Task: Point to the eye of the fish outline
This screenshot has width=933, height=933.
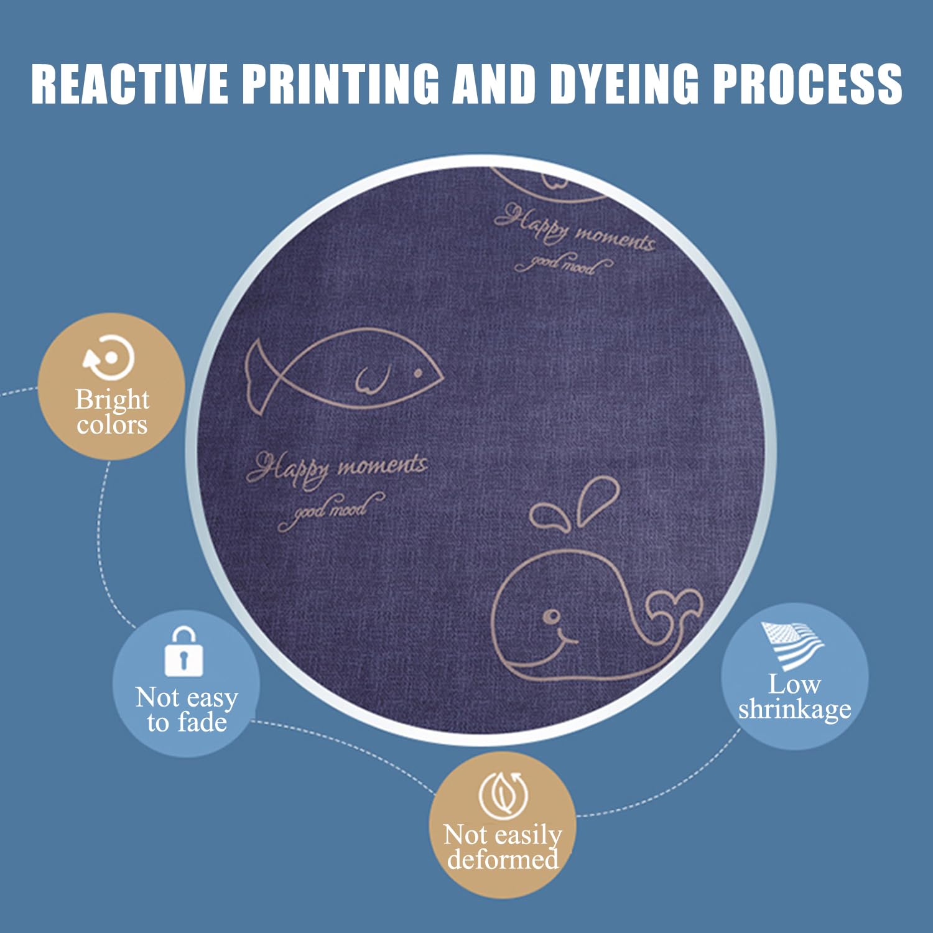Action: pos(418,373)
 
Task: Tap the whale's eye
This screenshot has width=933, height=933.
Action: pos(551,616)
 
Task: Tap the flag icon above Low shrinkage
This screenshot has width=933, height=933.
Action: pos(792,644)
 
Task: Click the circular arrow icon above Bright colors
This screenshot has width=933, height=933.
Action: pos(110,358)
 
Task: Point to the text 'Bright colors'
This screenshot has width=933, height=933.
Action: pos(112,412)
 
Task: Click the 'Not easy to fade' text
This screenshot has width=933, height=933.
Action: pos(187,710)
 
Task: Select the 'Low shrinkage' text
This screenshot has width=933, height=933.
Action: pos(794,697)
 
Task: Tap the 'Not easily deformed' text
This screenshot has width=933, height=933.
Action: pos(503,847)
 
